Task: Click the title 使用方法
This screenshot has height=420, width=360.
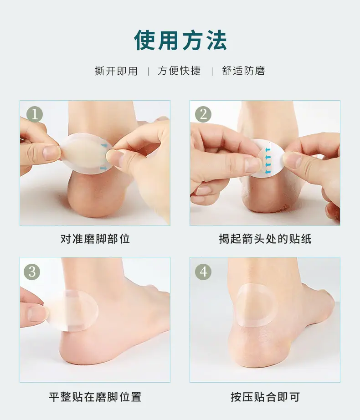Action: [180, 40]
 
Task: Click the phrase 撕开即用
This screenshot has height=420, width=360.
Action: [116, 71]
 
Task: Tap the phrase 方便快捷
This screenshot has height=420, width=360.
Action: [179, 71]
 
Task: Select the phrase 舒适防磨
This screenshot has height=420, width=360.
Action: [243, 71]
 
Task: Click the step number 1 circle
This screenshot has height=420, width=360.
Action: [35, 114]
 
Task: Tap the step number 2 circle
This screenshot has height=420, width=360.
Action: [203, 114]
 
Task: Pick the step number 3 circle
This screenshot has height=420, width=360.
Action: [32, 272]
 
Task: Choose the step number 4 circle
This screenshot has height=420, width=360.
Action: [203, 272]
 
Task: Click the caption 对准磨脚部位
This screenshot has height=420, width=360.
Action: [95, 239]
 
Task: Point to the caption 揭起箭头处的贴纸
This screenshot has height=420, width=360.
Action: [265, 239]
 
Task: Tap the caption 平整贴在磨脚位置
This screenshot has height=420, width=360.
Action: [95, 397]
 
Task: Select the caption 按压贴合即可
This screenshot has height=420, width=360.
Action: [265, 397]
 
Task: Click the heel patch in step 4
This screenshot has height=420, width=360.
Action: [257, 305]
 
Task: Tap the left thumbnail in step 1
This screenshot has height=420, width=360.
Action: [51, 153]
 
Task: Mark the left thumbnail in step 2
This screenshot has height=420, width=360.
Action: [252, 164]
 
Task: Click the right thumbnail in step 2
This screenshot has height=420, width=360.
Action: [293, 160]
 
